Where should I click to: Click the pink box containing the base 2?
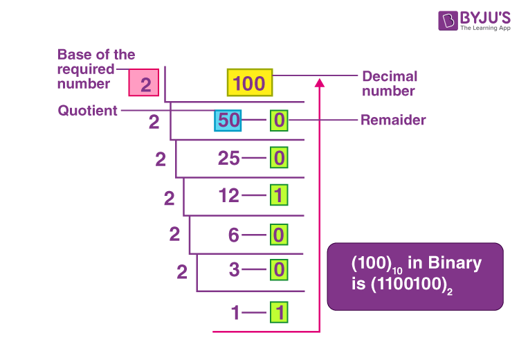[x=145, y=84]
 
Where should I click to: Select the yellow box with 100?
[x=250, y=83]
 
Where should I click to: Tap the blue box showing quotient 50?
[x=228, y=121]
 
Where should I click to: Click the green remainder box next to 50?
[x=278, y=121]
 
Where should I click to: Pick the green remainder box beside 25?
[x=278, y=159]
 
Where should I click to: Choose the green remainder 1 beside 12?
[x=278, y=196]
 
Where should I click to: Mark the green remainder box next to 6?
[x=278, y=235]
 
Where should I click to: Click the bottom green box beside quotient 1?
[x=278, y=313]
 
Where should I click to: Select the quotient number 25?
[x=228, y=159]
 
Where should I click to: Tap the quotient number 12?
[x=228, y=196]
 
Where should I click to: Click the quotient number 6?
[x=234, y=235]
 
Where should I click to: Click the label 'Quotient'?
[x=87, y=111]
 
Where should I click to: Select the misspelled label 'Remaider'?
[x=393, y=120]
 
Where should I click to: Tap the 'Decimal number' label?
[x=389, y=84]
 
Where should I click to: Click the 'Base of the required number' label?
[x=95, y=69]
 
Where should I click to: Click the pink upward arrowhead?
[x=319, y=82]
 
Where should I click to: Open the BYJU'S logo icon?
[x=448, y=19]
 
